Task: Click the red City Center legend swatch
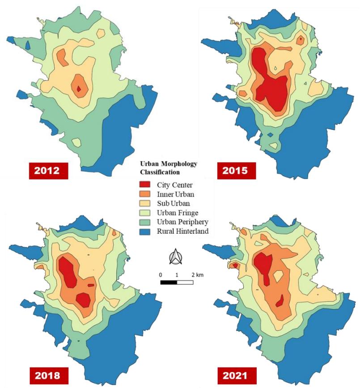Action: pos(144,184)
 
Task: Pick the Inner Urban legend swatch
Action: pos(144,194)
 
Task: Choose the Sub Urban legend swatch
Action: pos(144,203)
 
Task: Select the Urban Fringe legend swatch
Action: pos(144,213)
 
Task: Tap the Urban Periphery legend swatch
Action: pos(144,222)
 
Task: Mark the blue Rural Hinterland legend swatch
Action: pos(144,231)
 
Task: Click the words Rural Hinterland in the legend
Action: pos(182,231)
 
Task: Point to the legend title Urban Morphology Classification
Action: pos(169,168)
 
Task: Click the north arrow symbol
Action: pos(176,257)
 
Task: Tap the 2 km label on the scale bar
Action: pos(197,275)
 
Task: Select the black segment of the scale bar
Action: pos(169,282)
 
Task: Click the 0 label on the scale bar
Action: pos(161,275)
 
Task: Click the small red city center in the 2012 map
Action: pos(79,89)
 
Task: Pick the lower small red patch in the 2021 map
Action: pos(280,301)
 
